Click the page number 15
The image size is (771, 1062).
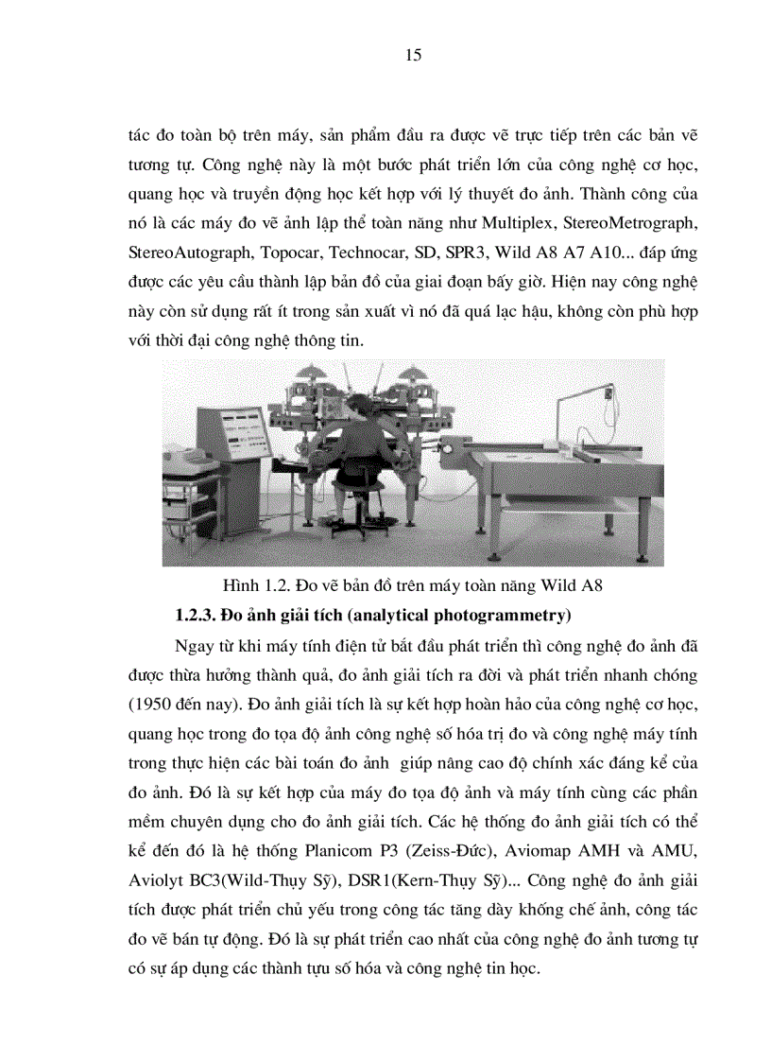[413, 55]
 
